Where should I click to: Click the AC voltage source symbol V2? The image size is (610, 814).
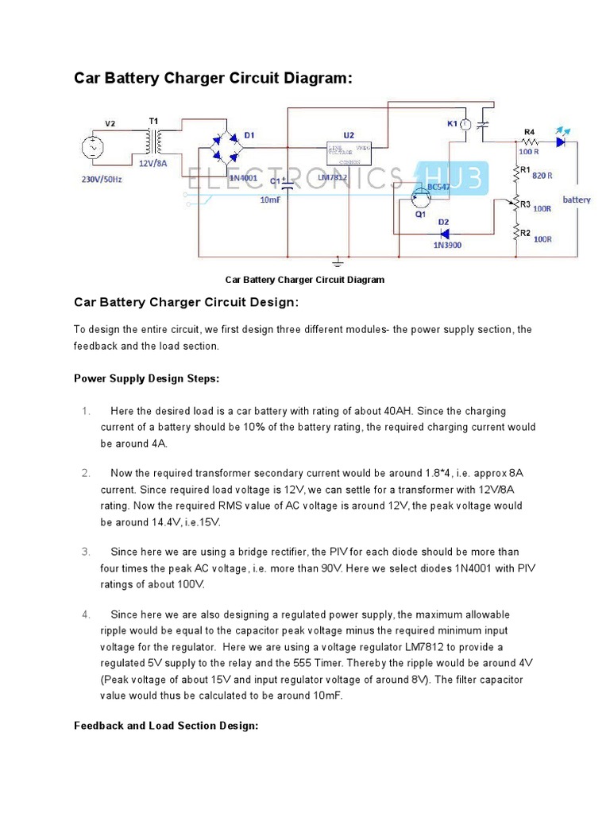91,148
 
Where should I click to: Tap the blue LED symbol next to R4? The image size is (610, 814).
562,141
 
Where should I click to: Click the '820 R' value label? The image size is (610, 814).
543,176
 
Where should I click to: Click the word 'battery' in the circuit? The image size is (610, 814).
577,200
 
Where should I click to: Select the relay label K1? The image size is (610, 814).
452,123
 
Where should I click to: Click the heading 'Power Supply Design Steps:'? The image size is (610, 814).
146,378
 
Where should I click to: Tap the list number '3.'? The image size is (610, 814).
86,552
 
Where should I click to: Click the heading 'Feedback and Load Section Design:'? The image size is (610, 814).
166,726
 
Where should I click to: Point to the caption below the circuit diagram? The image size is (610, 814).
304,280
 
